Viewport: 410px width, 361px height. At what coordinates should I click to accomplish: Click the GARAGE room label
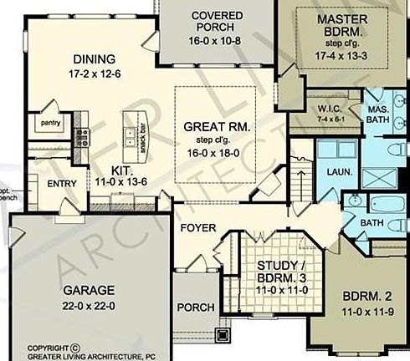(88, 290)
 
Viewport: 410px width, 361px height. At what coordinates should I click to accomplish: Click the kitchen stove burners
(82, 136)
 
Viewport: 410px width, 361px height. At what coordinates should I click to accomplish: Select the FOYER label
(198, 227)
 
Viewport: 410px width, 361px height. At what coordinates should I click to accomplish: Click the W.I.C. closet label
(326, 109)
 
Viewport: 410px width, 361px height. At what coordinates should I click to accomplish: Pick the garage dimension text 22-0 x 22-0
(88, 305)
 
